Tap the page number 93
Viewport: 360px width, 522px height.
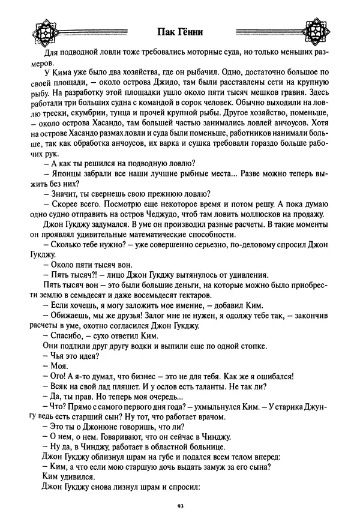(x=180, y=506)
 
